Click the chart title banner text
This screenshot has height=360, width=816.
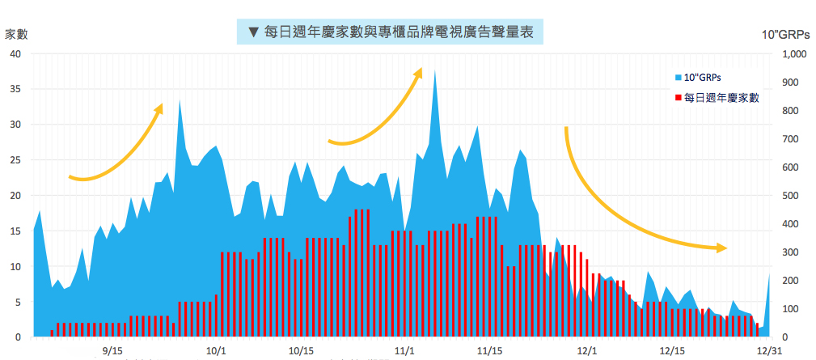390,32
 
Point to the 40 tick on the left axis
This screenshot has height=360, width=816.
16,53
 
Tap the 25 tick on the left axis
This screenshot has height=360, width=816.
16,160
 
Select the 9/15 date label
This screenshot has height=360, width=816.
113,351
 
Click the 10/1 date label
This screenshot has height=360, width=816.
216,351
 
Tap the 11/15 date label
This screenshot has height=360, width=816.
490,351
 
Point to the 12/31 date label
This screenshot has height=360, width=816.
767,351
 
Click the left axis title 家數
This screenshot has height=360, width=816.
17,34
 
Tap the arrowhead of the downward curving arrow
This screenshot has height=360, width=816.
721,248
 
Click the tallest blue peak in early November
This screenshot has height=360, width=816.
435,73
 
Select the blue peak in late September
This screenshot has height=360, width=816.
180,102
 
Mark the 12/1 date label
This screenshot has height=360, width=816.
587,351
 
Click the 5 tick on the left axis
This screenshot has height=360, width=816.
18,303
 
